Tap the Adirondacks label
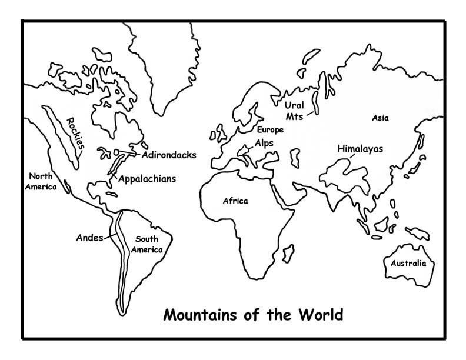(x=168, y=156)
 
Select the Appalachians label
(x=147, y=179)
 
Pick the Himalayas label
(x=360, y=149)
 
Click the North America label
(x=44, y=181)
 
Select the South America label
(x=148, y=244)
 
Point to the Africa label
(x=235, y=201)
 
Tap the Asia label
(x=380, y=118)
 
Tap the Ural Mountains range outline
(x=317, y=101)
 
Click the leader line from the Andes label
(x=110, y=237)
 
